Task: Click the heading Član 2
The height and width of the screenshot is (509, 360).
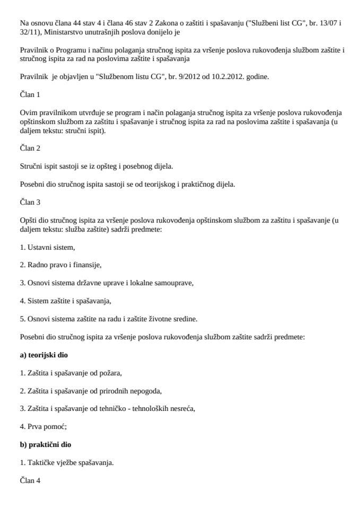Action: tap(30, 148)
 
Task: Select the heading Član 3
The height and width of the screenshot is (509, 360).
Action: tap(30, 203)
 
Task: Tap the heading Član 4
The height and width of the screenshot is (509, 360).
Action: tap(30, 480)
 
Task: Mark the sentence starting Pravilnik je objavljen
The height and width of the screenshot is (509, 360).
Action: tap(144, 77)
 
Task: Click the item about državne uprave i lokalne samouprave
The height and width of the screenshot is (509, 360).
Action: tap(107, 283)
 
